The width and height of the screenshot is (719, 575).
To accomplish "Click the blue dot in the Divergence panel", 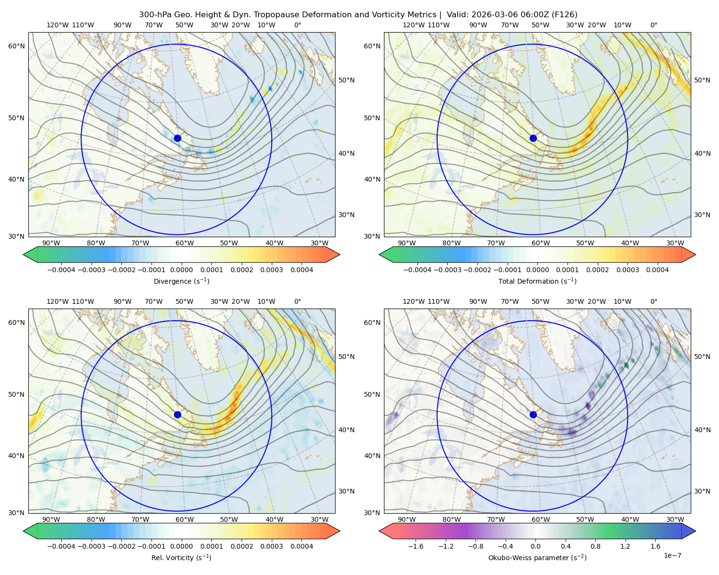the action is click(177, 138).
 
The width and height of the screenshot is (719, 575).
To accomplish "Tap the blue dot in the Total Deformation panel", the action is click(533, 138).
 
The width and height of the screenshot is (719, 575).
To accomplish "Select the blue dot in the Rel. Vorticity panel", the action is click(177, 414).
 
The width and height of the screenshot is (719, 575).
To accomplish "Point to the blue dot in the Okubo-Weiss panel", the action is click(533, 414).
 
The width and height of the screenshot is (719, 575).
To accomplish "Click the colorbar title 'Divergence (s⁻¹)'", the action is click(181, 281).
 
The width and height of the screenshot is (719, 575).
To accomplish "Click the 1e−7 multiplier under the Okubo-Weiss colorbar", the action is click(672, 555).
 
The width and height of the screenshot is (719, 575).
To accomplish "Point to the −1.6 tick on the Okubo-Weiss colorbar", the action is click(416, 546).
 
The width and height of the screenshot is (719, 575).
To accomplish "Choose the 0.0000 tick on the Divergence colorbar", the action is click(181, 270).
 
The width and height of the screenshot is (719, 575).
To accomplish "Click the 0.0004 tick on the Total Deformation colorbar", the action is click(658, 270).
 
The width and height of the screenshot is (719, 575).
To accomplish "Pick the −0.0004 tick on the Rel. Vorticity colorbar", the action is click(61, 546).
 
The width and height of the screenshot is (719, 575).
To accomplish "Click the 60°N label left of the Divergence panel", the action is click(16, 46).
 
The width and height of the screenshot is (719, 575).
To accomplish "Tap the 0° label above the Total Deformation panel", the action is click(654, 25).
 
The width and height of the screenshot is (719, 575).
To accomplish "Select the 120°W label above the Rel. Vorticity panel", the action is click(58, 301).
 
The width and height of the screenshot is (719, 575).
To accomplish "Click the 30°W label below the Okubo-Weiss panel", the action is click(675, 519).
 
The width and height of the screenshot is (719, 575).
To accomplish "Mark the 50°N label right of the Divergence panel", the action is click(347, 80).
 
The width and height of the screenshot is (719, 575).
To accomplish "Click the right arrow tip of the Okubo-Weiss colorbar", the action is click(696, 531).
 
